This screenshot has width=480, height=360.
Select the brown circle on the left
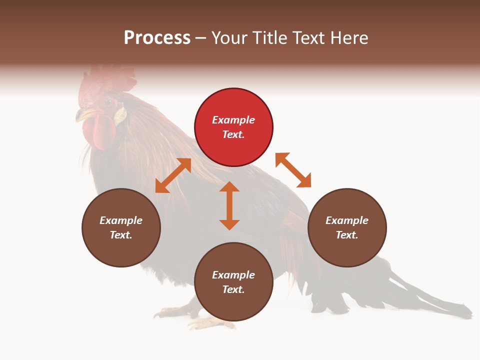(x=121, y=227)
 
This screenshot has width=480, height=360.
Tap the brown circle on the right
(x=347, y=227)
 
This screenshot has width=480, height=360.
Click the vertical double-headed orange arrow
(x=229, y=205)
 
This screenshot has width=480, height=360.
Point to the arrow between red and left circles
(x=173, y=175)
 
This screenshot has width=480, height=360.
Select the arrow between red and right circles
(x=293, y=170)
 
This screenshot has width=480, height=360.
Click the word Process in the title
(x=157, y=37)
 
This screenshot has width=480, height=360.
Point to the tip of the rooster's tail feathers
(x=468, y=313)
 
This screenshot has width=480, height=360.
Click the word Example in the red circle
(x=233, y=120)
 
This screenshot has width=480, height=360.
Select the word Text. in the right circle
(x=346, y=235)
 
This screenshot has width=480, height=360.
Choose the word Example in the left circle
(x=121, y=220)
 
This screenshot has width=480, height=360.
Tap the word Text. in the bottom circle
(x=233, y=289)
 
